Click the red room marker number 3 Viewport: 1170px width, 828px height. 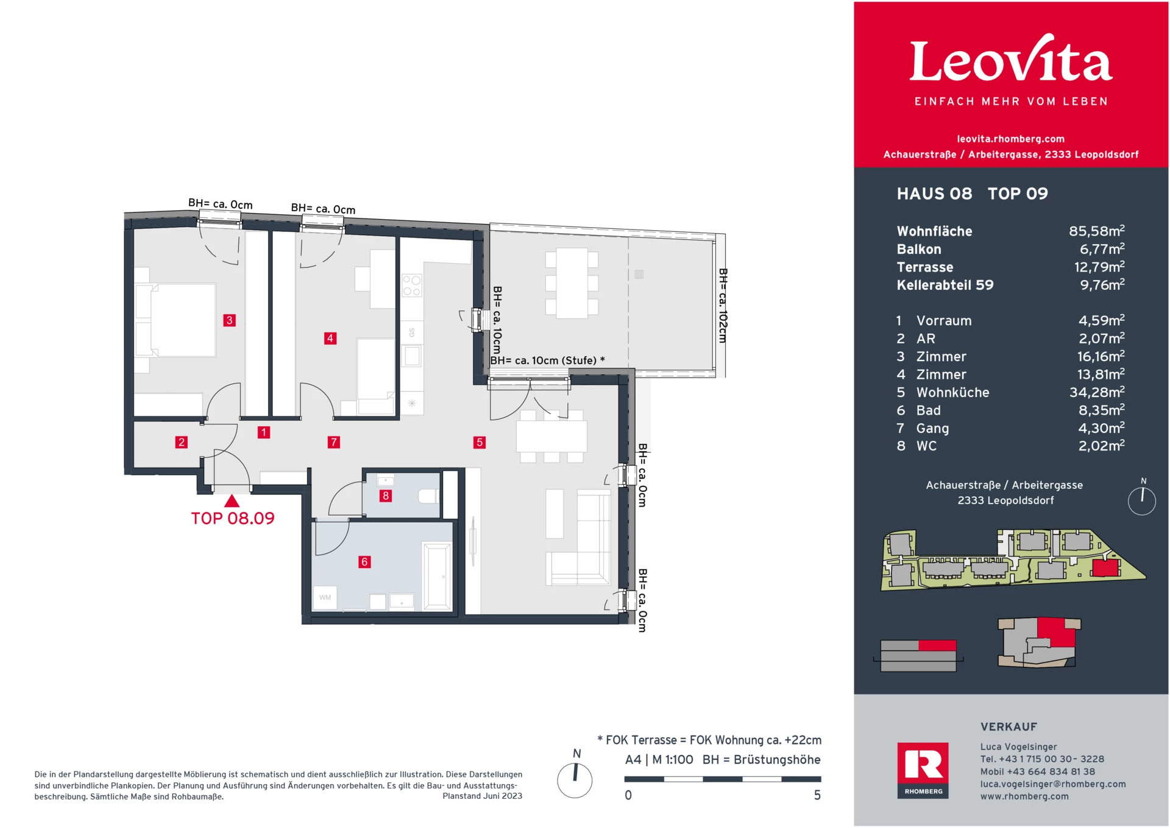click(229, 320)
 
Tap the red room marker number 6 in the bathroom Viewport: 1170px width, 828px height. click(364, 562)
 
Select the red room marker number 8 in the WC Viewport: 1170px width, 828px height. click(385, 496)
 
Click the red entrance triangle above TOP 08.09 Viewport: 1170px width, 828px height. click(232, 502)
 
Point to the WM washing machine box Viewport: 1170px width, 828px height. click(325, 597)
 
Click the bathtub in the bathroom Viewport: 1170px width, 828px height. click(437, 577)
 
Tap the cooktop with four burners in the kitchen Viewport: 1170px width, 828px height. click(411, 286)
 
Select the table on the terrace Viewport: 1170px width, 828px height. click(572, 282)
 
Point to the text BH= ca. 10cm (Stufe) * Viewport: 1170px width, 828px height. click(547, 360)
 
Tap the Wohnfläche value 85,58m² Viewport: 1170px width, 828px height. click(1096, 231)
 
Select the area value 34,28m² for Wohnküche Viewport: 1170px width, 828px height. click(1096, 393)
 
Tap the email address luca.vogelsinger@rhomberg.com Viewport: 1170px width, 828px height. click(1052, 784)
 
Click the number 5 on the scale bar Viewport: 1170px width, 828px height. click(817, 796)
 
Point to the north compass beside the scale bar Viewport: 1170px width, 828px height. click(575, 779)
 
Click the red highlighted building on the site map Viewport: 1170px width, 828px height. click(1105, 569)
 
